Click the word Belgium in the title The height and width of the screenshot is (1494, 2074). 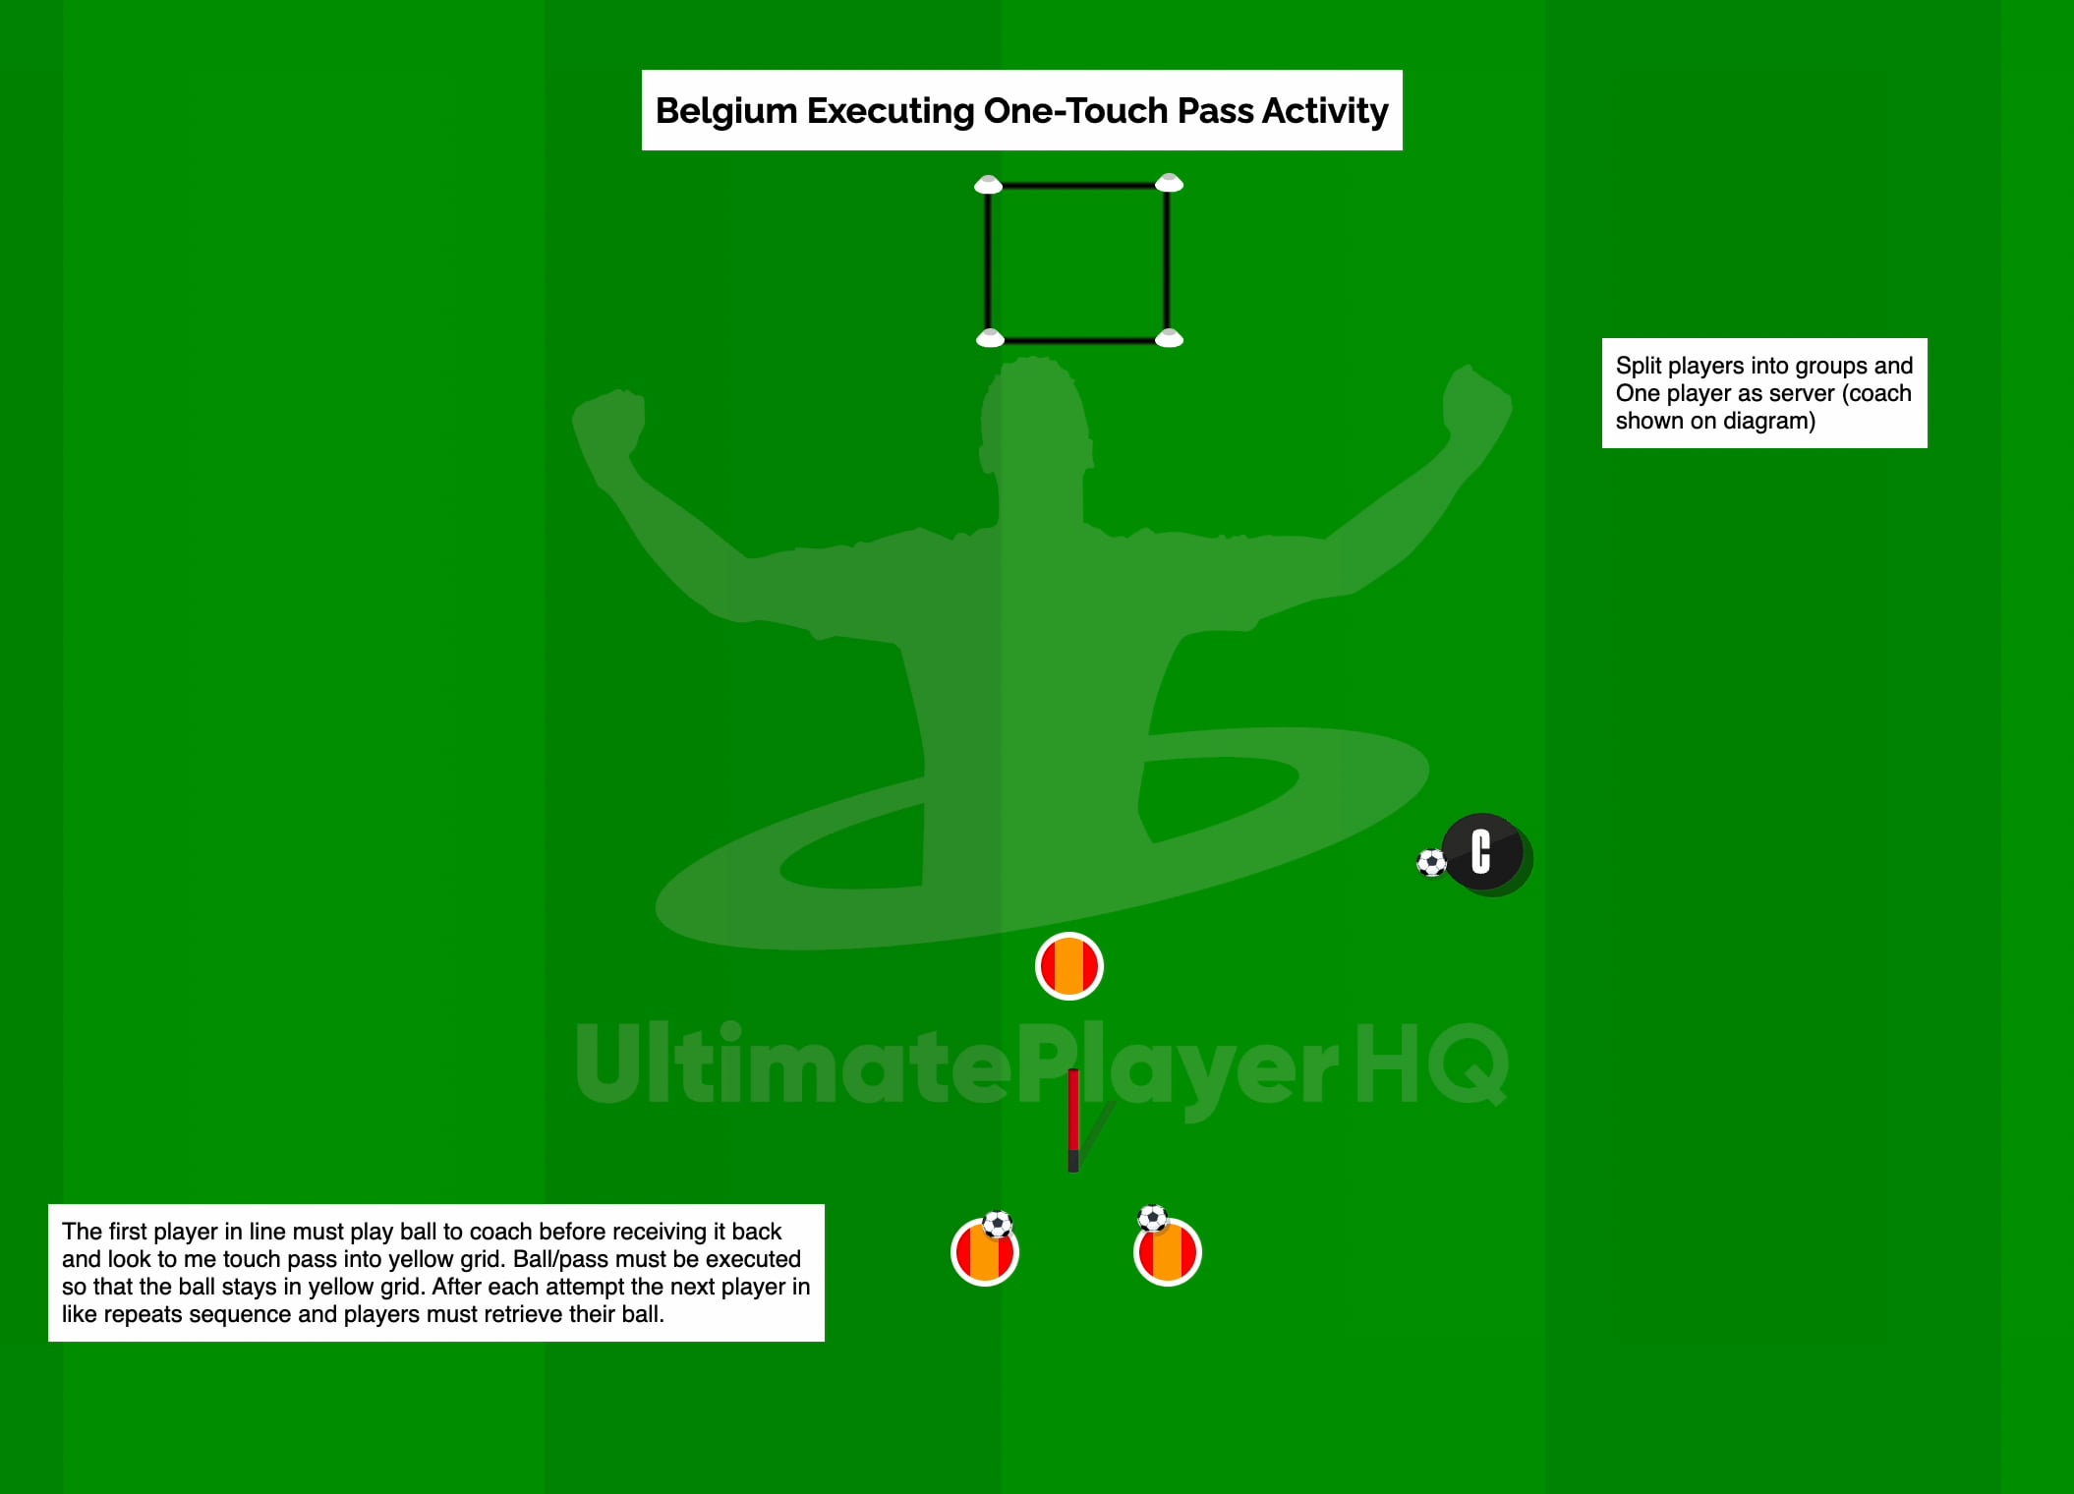725,111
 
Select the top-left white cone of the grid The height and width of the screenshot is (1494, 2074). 988,185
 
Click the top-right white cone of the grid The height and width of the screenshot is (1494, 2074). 1169,183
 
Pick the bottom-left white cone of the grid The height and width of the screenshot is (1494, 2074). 990,339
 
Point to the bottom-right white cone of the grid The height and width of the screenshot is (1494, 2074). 1169,339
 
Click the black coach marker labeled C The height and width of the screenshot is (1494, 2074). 1483,852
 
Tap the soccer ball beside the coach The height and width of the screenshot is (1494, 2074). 1431,863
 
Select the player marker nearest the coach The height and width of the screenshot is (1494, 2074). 1069,966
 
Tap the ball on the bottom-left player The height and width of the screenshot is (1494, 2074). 998,1225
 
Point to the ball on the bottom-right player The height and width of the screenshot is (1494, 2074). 1152,1219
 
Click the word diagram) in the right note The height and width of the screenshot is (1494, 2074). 1769,421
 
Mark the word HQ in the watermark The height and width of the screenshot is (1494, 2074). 1430,1063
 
